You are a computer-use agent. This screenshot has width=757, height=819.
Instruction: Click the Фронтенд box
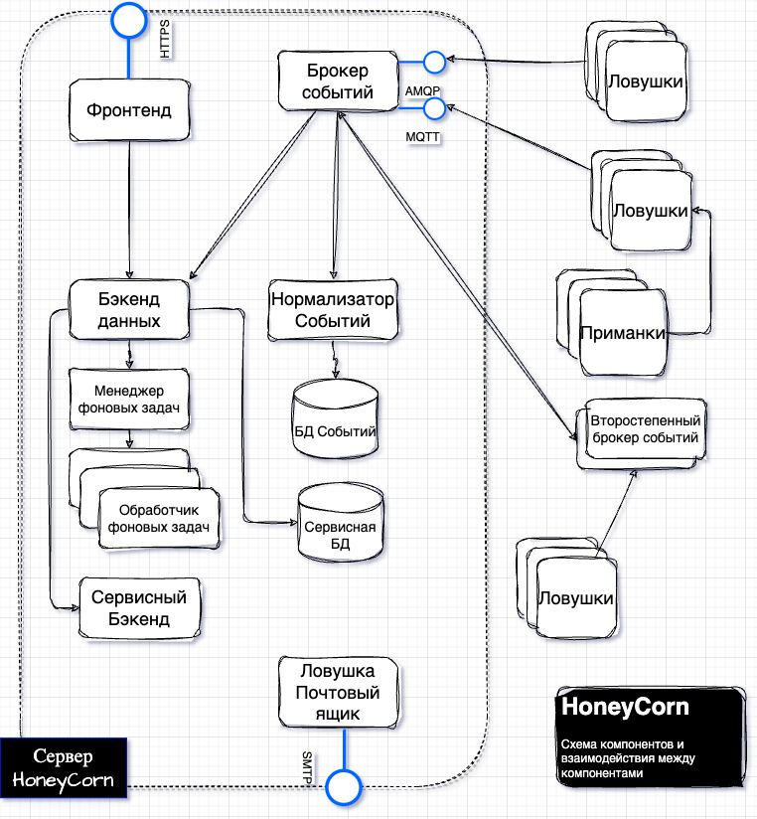click(130, 111)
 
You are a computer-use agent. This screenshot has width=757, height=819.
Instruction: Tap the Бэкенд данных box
click(129, 310)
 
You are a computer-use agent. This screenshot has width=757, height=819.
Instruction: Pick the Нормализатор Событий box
click(333, 310)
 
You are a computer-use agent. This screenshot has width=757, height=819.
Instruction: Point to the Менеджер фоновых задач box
click(129, 399)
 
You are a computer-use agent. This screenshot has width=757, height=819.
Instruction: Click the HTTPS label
click(166, 40)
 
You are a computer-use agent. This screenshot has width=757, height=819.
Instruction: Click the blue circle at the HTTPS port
click(128, 18)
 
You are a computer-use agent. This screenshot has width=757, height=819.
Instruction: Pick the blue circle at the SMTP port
click(344, 786)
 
